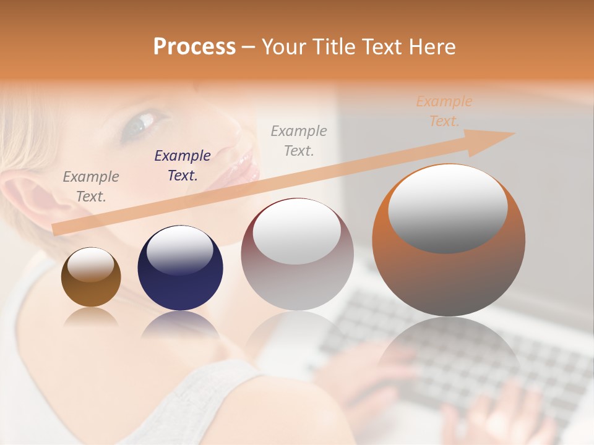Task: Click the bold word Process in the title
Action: click(x=194, y=47)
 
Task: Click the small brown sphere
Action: click(x=91, y=278)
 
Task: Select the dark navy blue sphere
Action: click(x=180, y=268)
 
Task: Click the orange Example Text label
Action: click(x=444, y=111)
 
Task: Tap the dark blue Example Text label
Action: click(x=183, y=165)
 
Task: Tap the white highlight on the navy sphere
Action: click(x=180, y=249)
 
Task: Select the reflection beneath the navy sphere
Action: click(x=180, y=324)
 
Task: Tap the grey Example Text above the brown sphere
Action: click(x=91, y=186)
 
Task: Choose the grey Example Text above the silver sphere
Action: click(x=299, y=140)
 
